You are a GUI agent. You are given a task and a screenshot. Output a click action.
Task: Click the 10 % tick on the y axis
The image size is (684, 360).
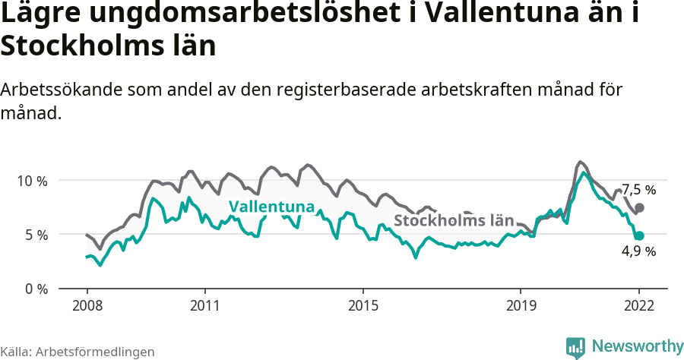coord(31,181)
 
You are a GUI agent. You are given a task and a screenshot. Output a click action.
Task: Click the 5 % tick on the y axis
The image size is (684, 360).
coord(35,235)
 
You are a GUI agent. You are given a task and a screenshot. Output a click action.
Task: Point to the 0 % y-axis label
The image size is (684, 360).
coord(35,289)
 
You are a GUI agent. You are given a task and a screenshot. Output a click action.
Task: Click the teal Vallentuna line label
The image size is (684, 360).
coord(271,207)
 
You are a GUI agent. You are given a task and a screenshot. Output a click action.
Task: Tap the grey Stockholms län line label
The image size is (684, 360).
coord(454,221)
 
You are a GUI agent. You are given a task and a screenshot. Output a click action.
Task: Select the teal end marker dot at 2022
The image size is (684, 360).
coord(640,236)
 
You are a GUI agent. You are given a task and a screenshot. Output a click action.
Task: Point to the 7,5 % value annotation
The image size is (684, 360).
coord(638,190)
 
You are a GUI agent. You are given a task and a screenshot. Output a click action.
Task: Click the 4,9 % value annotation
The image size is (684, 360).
coord(638,252)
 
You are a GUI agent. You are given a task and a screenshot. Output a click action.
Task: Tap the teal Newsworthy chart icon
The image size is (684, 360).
coord(575,347)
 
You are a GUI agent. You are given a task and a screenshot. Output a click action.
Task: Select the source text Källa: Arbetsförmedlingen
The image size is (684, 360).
coord(78,352)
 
